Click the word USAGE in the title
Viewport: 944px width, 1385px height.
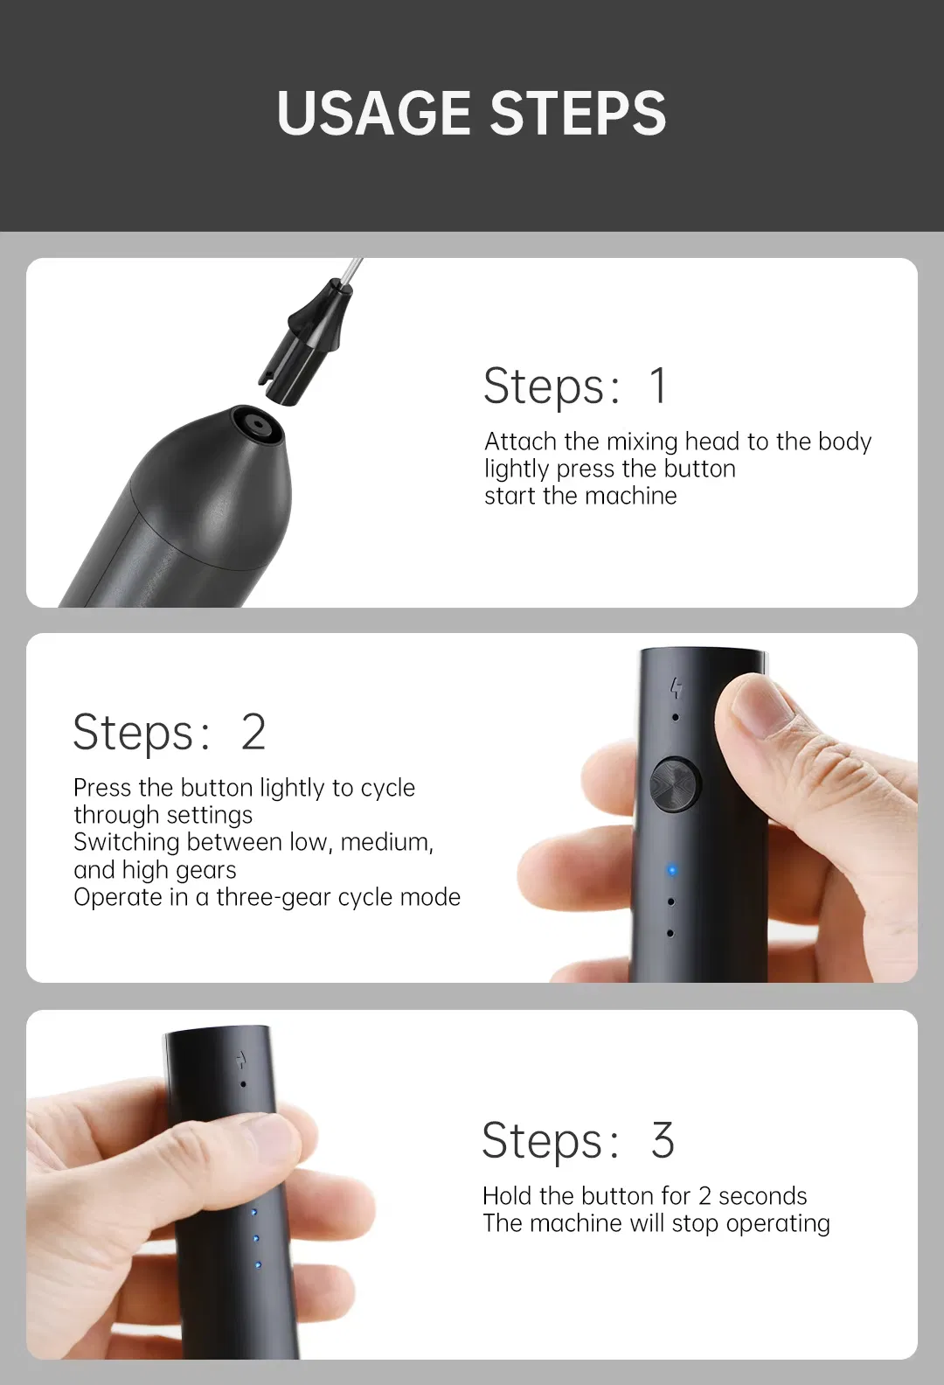click(x=373, y=113)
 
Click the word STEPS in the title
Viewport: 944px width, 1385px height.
click(x=578, y=113)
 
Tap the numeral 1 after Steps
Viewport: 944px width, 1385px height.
click(x=658, y=386)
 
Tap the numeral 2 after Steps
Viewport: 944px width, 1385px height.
click(x=253, y=732)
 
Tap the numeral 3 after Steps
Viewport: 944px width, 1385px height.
click(x=662, y=1139)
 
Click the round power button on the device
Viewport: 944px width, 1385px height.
click(x=676, y=784)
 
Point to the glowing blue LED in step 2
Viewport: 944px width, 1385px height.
click(x=672, y=871)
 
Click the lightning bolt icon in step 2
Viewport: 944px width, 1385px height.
click(x=677, y=688)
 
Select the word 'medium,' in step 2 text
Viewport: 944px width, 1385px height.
click(x=387, y=842)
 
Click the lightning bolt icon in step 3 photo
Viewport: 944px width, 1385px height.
click(x=242, y=1061)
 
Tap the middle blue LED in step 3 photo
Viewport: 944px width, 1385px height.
click(x=255, y=1238)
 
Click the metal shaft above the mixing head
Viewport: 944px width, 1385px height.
click(x=351, y=272)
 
